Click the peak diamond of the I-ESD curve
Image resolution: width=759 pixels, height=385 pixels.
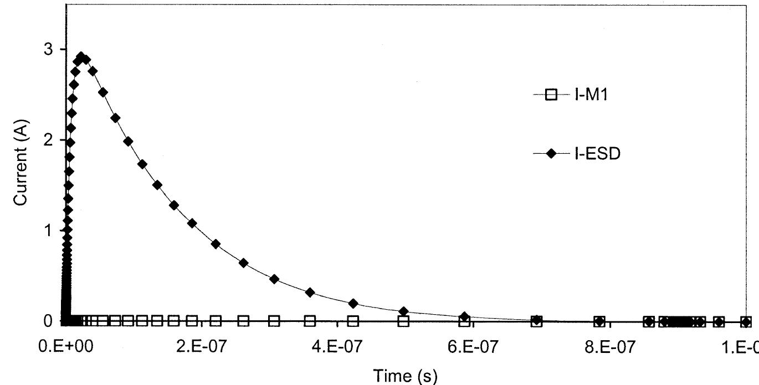coord(81,57)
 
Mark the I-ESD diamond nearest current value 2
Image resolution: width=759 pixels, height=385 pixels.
coord(128,141)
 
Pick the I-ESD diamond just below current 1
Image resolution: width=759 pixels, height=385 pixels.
coord(216,244)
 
